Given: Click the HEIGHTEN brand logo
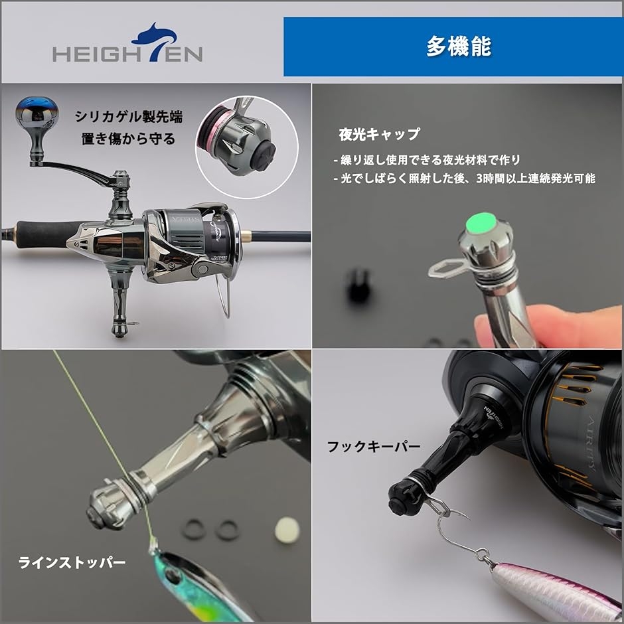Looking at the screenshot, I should [x=127, y=46].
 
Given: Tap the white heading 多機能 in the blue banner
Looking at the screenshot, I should [x=458, y=47].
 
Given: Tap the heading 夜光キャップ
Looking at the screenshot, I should [x=379, y=134].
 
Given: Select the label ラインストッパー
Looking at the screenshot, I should [x=72, y=563].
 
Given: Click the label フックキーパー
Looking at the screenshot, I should [x=373, y=447].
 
